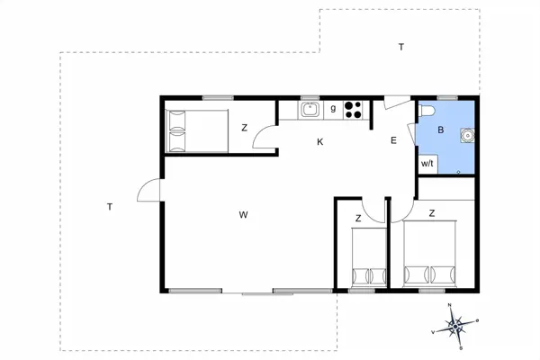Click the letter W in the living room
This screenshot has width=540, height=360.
click(243, 214)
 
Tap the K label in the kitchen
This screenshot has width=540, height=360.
click(319, 141)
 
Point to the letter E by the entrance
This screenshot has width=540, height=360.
click(393, 140)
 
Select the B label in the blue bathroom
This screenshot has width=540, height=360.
click(440, 130)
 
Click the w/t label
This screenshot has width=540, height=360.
click(427, 163)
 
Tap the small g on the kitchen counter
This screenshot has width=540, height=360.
click(333, 109)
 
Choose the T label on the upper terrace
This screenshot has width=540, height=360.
click(401, 47)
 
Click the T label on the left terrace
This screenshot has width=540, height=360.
click(110, 207)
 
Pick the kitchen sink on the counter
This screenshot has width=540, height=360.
click(310, 110)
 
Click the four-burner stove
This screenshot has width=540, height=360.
click(353, 110)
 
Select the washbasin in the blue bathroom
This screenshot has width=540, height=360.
click(466, 137)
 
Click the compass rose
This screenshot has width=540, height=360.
click(456, 324)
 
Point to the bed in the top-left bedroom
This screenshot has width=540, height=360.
click(196, 130)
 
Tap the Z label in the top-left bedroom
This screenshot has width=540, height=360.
click(244, 128)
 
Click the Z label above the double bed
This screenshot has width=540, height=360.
click(432, 213)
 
